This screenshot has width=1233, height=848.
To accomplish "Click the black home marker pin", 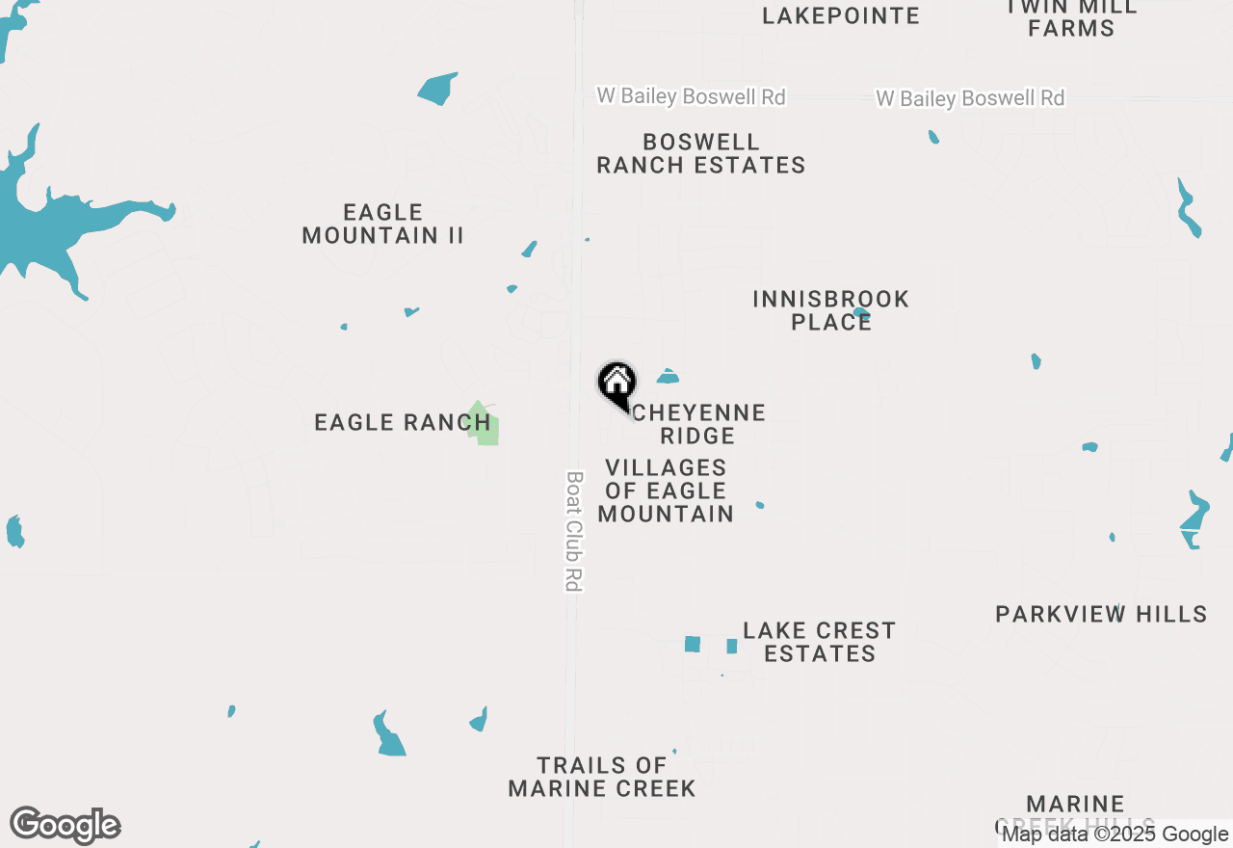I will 616,384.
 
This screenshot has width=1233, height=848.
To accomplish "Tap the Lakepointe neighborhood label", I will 841,15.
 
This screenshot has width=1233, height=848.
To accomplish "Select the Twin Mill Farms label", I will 1071,17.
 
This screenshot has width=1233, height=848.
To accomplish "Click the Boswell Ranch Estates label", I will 701,154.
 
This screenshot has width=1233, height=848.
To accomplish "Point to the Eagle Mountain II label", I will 383,224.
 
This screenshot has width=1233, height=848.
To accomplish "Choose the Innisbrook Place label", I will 830,310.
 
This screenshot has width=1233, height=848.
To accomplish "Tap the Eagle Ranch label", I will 403,422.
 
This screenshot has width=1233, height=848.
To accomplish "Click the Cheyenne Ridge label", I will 699,424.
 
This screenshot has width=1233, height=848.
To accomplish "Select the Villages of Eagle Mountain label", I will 666,490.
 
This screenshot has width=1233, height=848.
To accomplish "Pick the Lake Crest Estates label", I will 820,642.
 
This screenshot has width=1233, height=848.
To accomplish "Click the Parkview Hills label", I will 1101,614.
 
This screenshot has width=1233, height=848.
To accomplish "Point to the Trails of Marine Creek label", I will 602,777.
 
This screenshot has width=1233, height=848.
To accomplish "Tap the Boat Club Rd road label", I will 574,530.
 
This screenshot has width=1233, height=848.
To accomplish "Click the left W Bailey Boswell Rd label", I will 691,96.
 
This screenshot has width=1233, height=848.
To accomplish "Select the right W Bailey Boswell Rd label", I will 970,98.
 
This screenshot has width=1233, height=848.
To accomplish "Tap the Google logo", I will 66,825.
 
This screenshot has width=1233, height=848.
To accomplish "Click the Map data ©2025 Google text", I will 1115,835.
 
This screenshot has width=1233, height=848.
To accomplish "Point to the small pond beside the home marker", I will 668,376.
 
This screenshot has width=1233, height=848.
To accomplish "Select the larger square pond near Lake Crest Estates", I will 692,644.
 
